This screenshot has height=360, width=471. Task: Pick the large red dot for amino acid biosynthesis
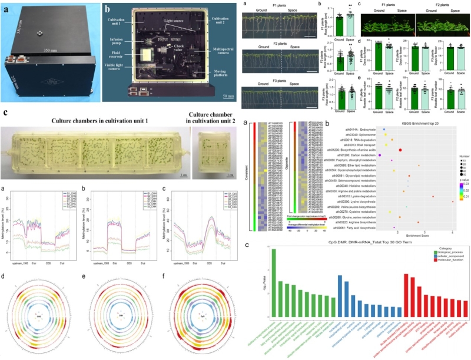click(400, 150)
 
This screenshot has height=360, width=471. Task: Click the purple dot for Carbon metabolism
click(380, 155)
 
